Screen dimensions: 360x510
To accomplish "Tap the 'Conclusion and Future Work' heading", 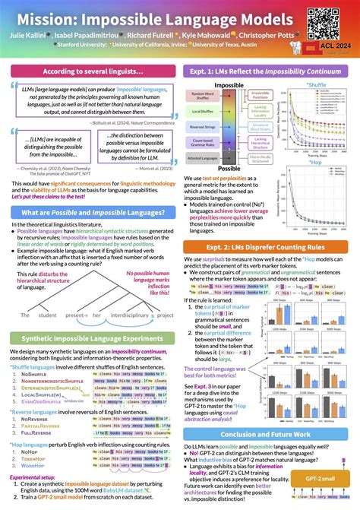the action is [x=269, y=435].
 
